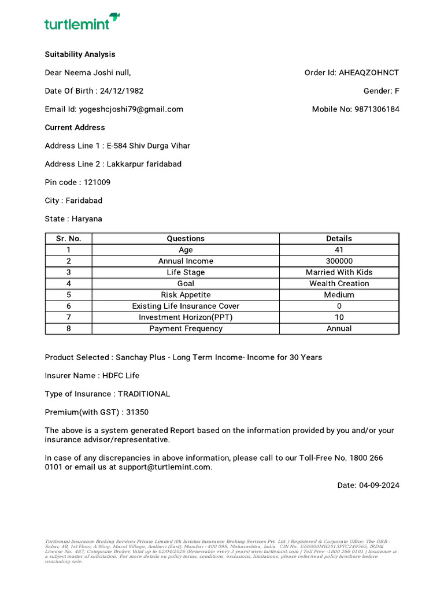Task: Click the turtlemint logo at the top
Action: (x=82, y=23)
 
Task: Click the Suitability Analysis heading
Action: (x=80, y=54)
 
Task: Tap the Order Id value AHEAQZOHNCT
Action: (x=369, y=73)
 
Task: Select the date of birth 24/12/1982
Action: (x=121, y=91)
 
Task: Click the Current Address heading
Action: (x=75, y=127)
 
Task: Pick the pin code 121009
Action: (x=97, y=182)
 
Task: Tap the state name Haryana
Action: (x=87, y=219)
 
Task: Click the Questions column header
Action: (x=186, y=239)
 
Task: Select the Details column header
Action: (x=339, y=239)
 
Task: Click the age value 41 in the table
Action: (x=339, y=250)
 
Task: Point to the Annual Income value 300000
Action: (x=339, y=261)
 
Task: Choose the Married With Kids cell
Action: (x=339, y=272)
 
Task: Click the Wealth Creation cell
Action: (x=339, y=284)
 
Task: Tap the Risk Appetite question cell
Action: (x=186, y=295)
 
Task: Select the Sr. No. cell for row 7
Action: (x=68, y=317)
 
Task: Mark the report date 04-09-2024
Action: (x=379, y=486)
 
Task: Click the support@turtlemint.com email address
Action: (x=165, y=467)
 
